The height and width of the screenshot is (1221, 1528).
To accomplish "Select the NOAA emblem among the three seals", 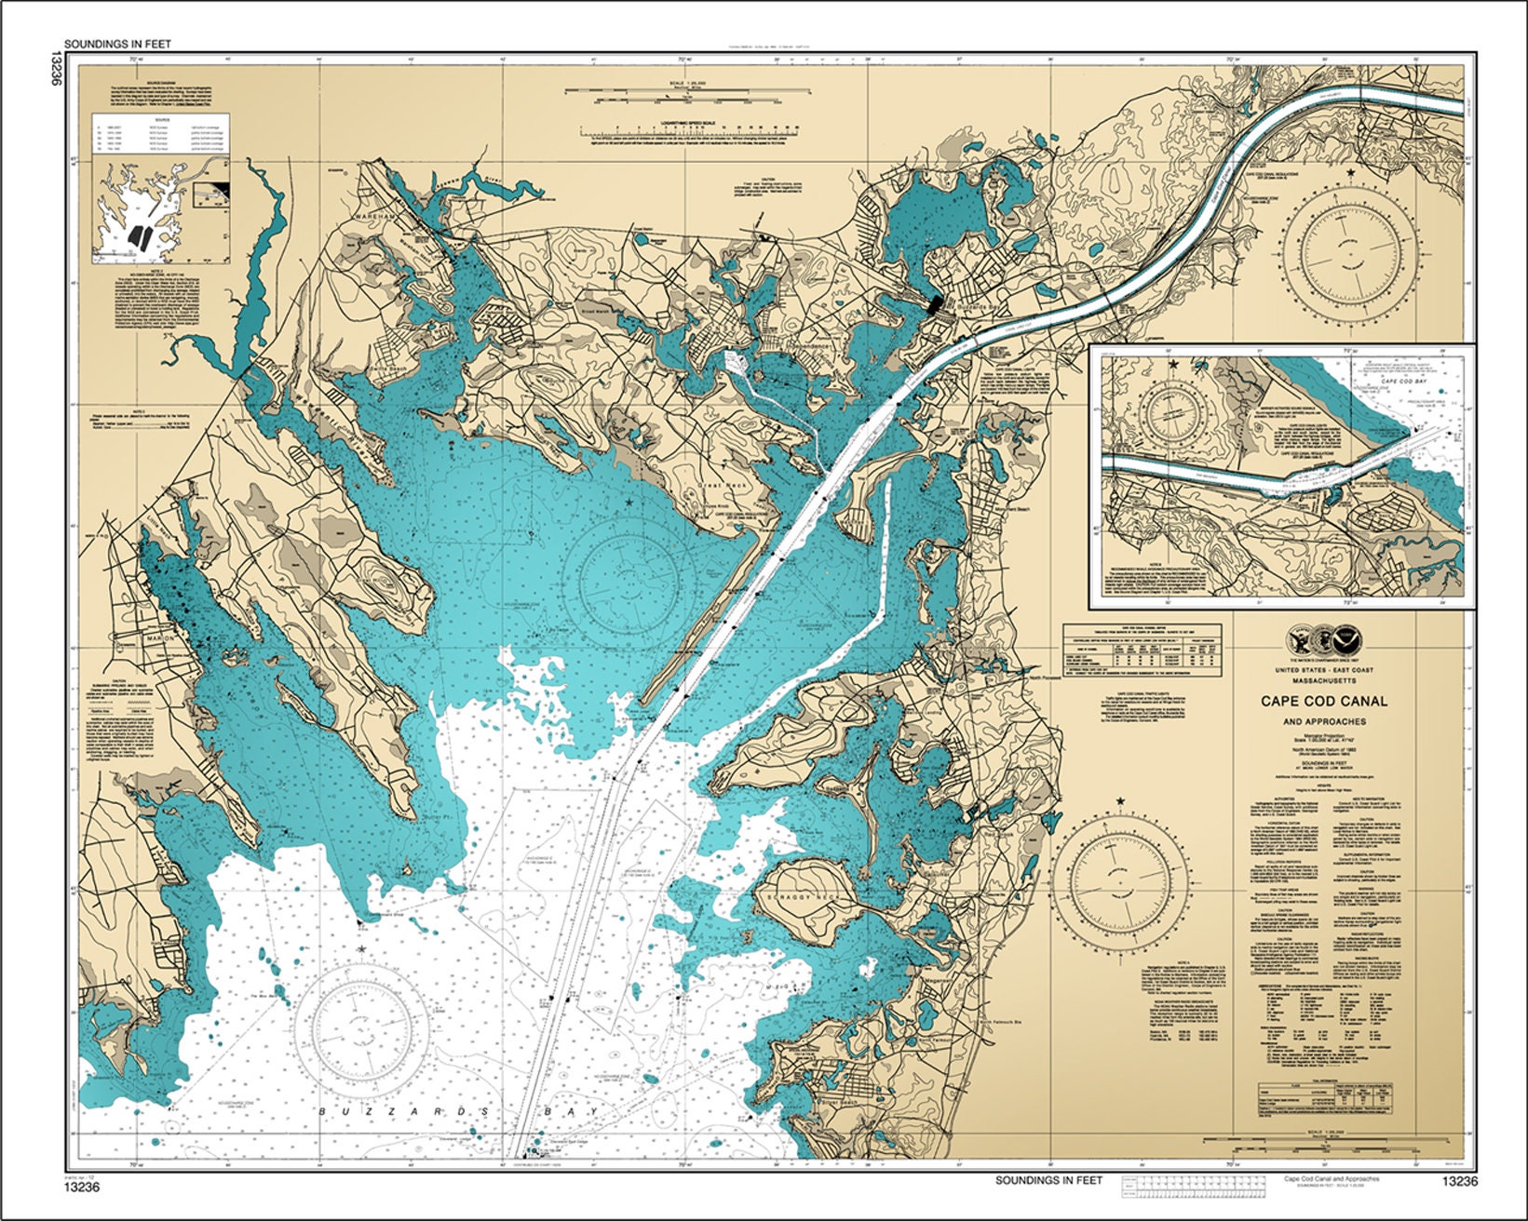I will click(x=1347, y=640).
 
